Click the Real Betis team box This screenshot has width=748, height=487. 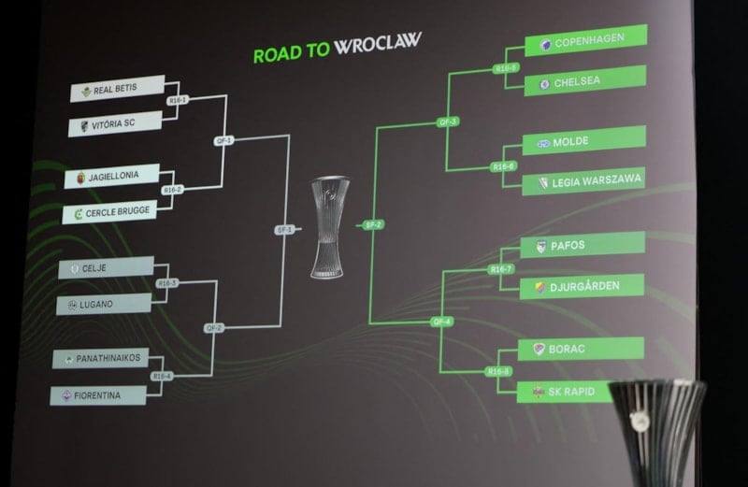click(118, 90)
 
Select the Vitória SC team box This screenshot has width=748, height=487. click(116, 123)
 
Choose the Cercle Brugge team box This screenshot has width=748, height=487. click(110, 212)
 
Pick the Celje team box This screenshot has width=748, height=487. click(105, 269)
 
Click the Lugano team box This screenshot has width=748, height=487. click(103, 305)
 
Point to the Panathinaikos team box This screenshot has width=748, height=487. click(100, 359)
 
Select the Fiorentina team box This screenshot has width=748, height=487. click(98, 395)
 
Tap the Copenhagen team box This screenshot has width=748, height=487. click(585, 43)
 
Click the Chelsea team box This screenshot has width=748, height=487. click(585, 82)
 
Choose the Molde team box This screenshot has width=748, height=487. click(583, 142)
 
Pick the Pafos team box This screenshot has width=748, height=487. click(583, 245)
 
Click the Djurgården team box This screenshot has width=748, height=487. click(583, 286)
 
